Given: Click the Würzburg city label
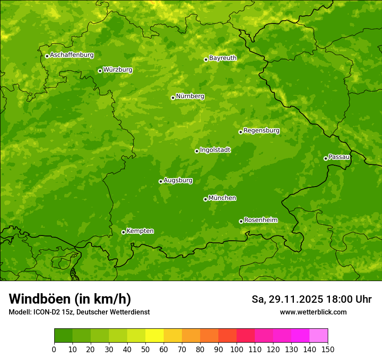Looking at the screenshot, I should click(x=118, y=70).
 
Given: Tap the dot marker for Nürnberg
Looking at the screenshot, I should click(x=173, y=98).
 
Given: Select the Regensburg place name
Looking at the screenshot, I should click(x=261, y=131).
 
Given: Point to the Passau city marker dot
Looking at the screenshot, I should click(x=326, y=158).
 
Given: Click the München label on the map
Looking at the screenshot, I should click(x=222, y=198).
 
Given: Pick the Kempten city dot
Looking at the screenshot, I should click(x=123, y=232).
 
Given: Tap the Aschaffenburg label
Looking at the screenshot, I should click(x=72, y=55).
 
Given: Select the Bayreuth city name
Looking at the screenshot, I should click(x=223, y=58).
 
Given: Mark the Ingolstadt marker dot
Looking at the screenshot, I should click(x=197, y=151).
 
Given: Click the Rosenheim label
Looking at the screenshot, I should click(x=260, y=220).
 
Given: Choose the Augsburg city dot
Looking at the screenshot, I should click(x=161, y=181).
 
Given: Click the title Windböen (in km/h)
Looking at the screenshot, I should click(x=70, y=299).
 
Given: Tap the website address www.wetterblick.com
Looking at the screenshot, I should click(x=313, y=312).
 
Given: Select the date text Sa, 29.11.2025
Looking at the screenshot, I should click(x=288, y=299).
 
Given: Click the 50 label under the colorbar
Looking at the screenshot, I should click(x=145, y=349).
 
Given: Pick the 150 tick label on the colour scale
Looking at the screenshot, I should click(x=328, y=349).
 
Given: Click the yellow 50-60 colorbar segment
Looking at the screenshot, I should click(x=155, y=336).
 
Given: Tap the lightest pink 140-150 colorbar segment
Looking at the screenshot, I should click(x=319, y=336).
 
